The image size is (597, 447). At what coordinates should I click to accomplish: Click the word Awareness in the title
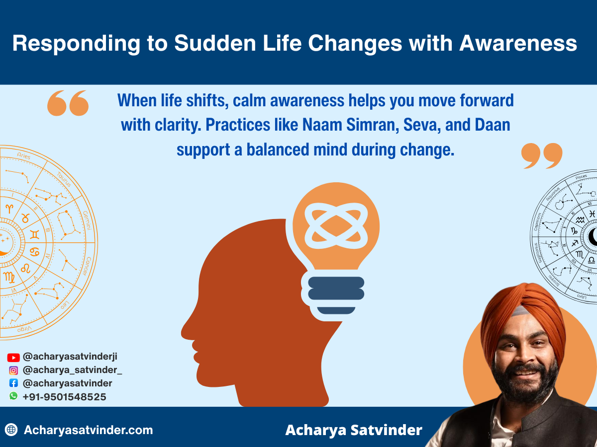518,44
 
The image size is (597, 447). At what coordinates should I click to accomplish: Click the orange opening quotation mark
68,103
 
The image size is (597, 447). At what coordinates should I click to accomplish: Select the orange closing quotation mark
542,155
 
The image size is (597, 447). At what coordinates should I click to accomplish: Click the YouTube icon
13,357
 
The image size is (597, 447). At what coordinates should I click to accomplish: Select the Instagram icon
13,370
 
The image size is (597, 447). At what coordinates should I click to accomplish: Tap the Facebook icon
13,383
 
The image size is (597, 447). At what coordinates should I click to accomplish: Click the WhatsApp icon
13,396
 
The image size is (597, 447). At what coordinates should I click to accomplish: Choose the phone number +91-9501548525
64,397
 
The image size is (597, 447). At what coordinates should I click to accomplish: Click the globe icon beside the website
11,430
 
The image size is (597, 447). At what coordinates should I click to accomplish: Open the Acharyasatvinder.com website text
88,430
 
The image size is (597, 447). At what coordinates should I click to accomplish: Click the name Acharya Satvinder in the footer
353,430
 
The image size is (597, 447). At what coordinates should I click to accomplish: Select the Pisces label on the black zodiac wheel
581,177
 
